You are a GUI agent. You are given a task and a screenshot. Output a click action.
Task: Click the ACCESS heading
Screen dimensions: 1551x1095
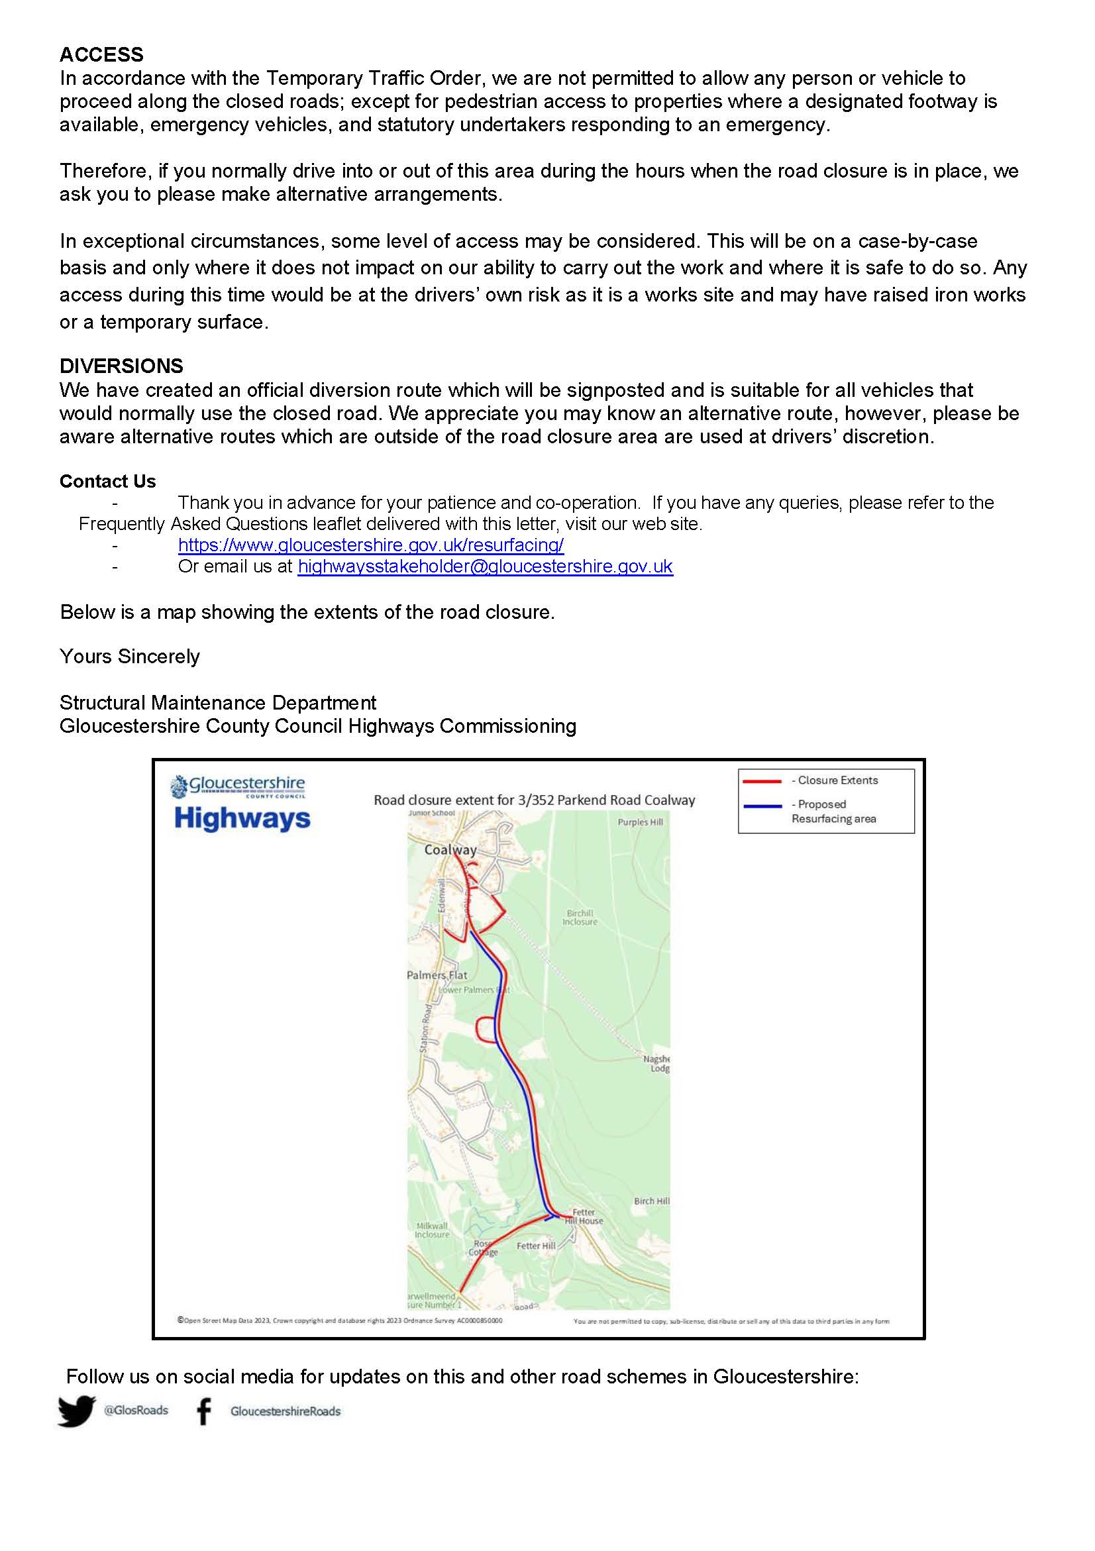[x=101, y=55]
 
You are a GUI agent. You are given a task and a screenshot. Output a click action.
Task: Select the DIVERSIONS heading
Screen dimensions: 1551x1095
[x=122, y=366]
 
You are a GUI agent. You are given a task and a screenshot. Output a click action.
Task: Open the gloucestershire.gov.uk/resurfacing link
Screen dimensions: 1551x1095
[x=371, y=545]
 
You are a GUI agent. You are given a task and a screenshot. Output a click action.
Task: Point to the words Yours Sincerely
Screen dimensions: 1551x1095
[x=130, y=657]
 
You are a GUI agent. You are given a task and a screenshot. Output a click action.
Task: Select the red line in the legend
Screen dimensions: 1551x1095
[x=762, y=781]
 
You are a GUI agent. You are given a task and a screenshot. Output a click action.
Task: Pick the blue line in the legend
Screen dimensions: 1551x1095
[x=762, y=806]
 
